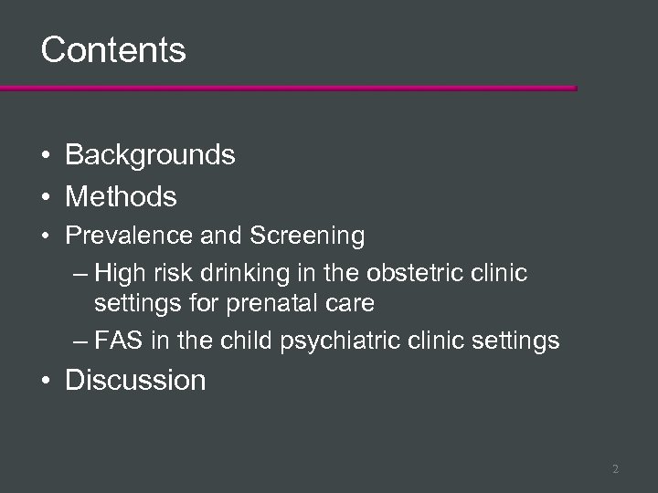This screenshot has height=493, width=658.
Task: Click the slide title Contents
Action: [x=113, y=49]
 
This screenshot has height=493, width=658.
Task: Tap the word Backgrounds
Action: [x=150, y=155]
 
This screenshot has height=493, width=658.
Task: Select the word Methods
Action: [x=121, y=195]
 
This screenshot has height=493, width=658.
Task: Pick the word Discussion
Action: [x=135, y=380]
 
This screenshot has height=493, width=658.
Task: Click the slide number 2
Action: [x=615, y=469]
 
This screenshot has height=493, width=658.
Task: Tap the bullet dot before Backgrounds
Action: [x=45, y=156]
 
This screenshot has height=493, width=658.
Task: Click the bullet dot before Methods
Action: [x=45, y=196]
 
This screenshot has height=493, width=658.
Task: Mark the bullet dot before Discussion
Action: [x=45, y=381]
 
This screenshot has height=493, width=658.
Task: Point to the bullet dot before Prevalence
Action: [x=45, y=237]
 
